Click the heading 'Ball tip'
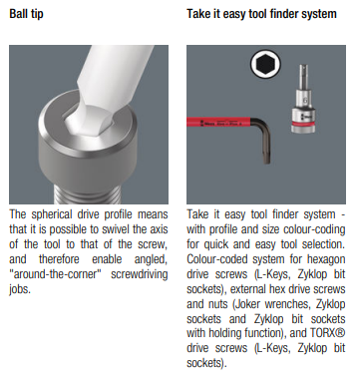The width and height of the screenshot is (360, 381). pos(26,14)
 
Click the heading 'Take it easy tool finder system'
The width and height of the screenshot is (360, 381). pos(261,14)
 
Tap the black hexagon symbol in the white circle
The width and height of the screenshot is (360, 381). pos(265,64)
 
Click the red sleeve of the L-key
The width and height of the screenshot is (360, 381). pos(218,123)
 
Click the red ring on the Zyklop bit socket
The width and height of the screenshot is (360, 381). pos(303,125)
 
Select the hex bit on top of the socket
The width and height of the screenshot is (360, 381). pos(303,78)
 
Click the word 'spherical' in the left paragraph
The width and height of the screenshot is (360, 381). pos(52,214)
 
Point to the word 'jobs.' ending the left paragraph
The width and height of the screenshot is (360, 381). pos(20,289)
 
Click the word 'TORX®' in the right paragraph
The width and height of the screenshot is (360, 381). pos(328,333)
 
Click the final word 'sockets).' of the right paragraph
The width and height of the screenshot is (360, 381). pos(206,363)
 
